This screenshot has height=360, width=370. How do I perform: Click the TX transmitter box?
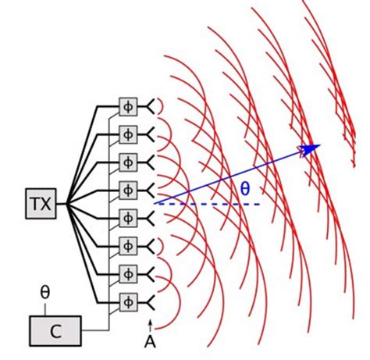[x=39, y=204]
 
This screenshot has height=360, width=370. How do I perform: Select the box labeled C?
[x=55, y=330]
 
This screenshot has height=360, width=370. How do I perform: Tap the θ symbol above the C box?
[x=44, y=293]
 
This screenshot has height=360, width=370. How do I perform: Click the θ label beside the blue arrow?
[x=245, y=189]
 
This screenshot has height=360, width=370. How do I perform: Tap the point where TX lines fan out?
[x=67, y=204]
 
